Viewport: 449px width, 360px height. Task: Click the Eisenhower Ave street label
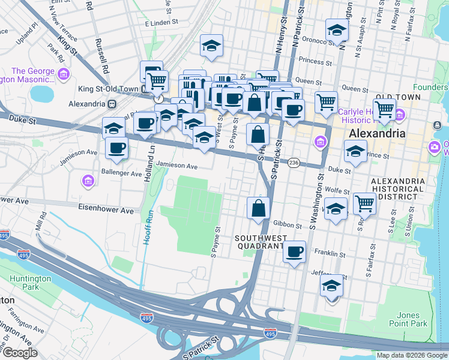point(106,211)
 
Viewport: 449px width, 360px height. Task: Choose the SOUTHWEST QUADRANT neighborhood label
point(259,242)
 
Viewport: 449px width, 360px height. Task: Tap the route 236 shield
point(294,163)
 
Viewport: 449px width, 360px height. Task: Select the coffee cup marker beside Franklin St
point(295,252)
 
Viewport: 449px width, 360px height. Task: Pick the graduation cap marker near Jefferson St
point(331,286)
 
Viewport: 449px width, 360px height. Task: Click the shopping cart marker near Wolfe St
point(364,203)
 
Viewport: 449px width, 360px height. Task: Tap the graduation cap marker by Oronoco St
point(337,30)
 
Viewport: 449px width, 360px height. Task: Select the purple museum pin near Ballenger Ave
point(88,180)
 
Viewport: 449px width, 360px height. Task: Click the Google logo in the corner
point(20,353)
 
